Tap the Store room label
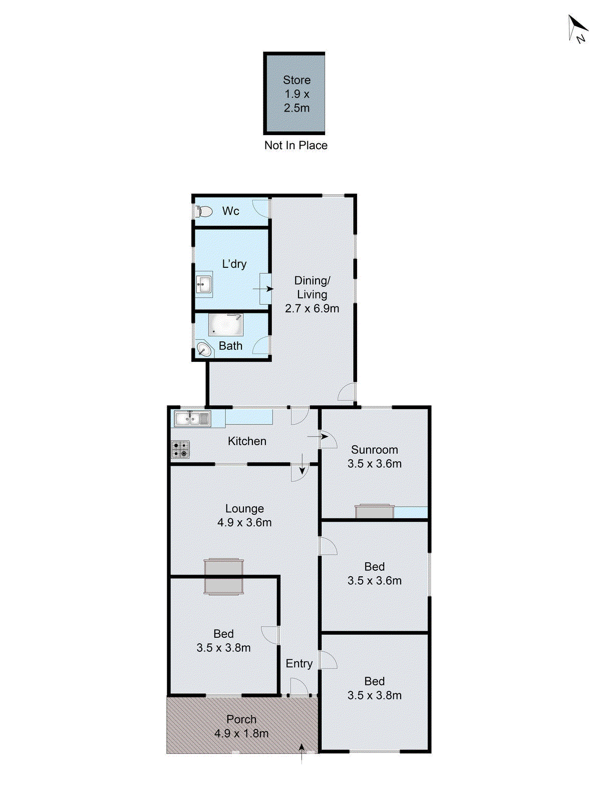[x=296, y=80]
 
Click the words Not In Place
[x=295, y=146]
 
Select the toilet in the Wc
[x=203, y=212]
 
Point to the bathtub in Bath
[x=226, y=325]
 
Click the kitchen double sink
[x=192, y=419]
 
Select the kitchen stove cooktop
[x=180, y=449]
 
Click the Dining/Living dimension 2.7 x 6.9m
[x=312, y=309]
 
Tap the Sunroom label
[x=374, y=450]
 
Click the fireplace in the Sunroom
[x=374, y=511]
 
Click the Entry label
[x=299, y=664]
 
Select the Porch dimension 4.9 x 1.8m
[x=241, y=734]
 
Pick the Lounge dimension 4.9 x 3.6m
[x=244, y=523]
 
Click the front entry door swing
[x=299, y=686]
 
